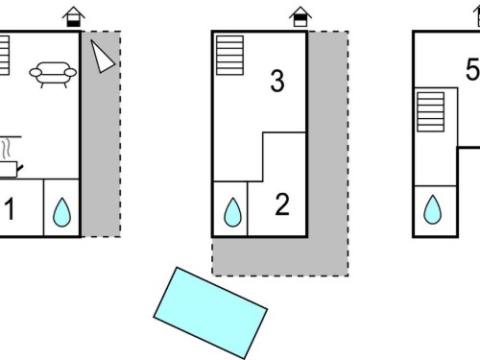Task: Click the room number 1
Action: tap(11, 208)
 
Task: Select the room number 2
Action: tap(282, 204)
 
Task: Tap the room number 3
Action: tap(277, 82)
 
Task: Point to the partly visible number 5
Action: tap(473, 69)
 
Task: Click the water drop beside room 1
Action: tap(61, 213)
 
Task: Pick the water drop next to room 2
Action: tap(232, 213)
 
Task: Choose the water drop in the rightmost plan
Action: tap(432, 210)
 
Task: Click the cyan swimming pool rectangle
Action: tap(210, 313)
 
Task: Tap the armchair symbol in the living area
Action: tap(53, 74)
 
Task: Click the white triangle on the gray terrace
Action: tap(101, 58)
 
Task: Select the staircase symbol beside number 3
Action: tap(229, 56)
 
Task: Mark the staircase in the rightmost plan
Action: tap(431, 111)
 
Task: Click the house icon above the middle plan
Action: tap(300, 16)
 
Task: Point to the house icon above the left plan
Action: tap(74, 16)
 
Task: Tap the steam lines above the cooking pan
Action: tap(7, 149)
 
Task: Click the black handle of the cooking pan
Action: tap(20, 169)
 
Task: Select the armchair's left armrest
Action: tap(36, 73)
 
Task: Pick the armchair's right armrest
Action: tap(70, 73)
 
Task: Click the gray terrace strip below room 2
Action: tap(280, 256)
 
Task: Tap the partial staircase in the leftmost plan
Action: tap(5, 56)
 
